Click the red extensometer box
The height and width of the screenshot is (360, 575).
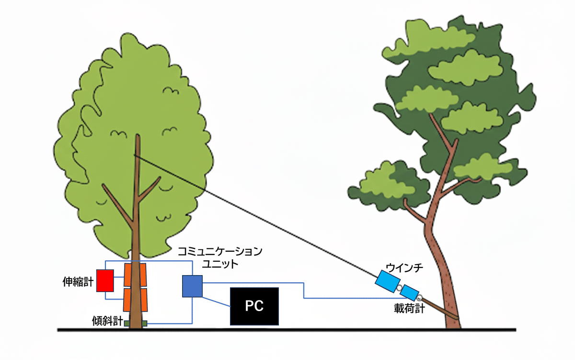(x=104, y=280)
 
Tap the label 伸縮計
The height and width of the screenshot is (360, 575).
(x=76, y=279)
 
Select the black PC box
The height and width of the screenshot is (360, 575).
(x=254, y=306)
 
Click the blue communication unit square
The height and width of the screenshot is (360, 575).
(x=192, y=286)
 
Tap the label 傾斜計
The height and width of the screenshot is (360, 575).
(x=108, y=320)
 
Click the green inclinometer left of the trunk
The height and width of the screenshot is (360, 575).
(x=128, y=324)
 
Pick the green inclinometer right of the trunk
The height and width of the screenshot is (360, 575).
(x=144, y=323)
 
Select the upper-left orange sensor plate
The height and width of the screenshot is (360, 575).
(x=128, y=275)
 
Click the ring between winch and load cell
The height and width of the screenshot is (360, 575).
(x=398, y=288)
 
